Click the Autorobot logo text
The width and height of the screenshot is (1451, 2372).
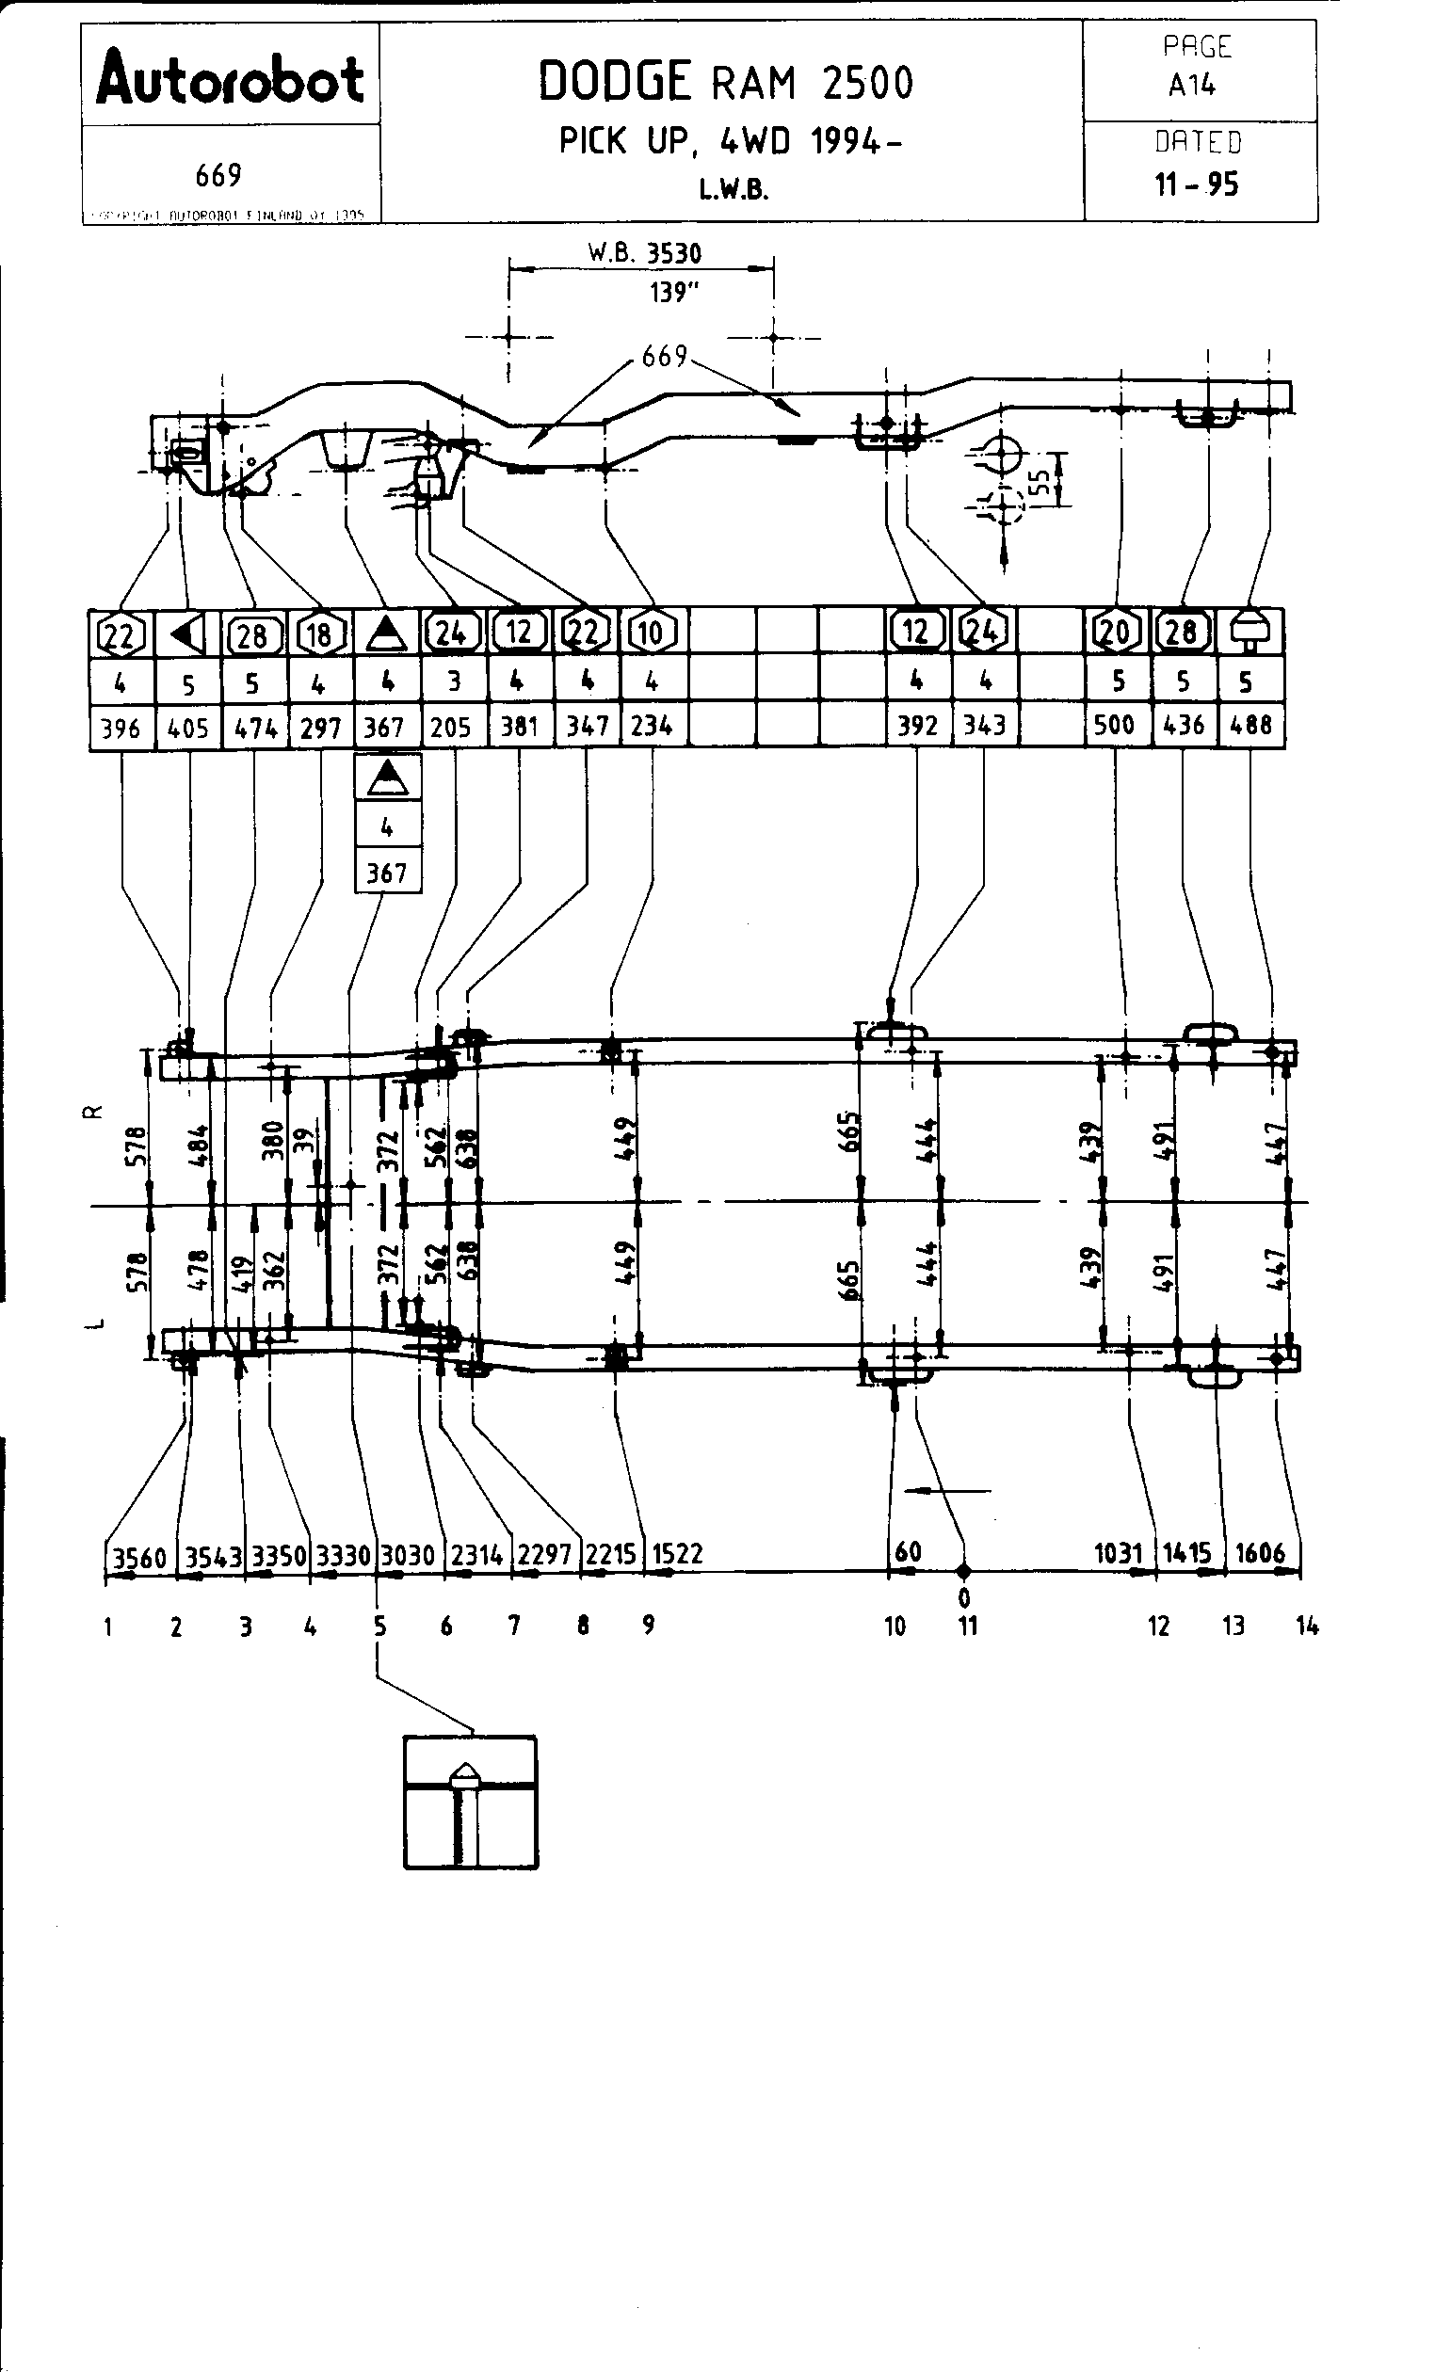pyautogui.click(x=230, y=79)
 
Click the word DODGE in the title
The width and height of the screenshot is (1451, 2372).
pyautogui.click(x=614, y=82)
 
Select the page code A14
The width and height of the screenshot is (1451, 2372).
pyautogui.click(x=1192, y=86)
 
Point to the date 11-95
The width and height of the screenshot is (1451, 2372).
pyautogui.click(x=1197, y=184)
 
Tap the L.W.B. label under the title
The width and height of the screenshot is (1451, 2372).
pyautogui.click(x=734, y=190)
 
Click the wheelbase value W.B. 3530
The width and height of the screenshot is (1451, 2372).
pyautogui.click(x=645, y=253)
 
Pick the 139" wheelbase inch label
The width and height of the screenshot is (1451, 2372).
pyautogui.click(x=673, y=292)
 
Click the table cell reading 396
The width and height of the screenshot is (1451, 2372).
pyautogui.click(x=121, y=728)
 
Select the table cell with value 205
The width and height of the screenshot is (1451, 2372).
pyautogui.click(x=451, y=727)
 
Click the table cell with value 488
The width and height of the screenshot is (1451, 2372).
pyautogui.click(x=1250, y=724)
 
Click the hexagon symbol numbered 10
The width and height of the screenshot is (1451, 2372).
pyautogui.click(x=652, y=633)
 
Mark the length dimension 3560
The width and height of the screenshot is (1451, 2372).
pyautogui.click(x=139, y=1557)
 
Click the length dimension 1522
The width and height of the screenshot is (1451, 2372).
pyautogui.click(x=678, y=1554)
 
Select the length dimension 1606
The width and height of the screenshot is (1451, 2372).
pyautogui.click(x=1260, y=1553)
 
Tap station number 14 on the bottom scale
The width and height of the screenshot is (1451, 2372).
pyautogui.click(x=1307, y=1626)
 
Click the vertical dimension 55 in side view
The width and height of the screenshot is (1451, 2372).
pyautogui.click(x=1040, y=480)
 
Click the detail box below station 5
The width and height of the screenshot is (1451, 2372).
pyautogui.click(x=470, y=1803)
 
